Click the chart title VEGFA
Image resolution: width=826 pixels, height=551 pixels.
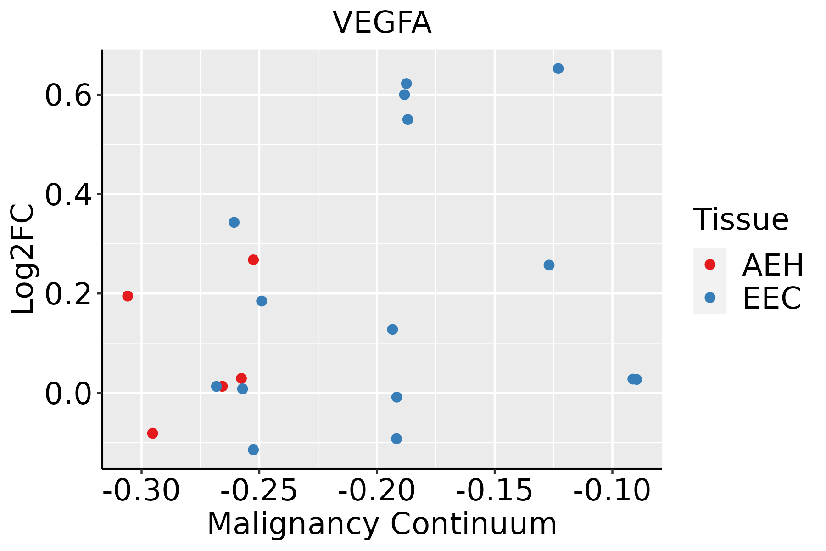(382, 23)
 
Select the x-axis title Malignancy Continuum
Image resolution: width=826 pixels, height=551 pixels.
(382, 524)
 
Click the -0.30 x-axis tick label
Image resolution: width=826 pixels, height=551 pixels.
(141, 490)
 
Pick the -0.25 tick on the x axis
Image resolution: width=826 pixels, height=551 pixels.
(259, 490)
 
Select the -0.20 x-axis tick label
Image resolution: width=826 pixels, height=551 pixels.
(377, 490)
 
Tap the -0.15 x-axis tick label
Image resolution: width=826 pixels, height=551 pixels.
(494, 490)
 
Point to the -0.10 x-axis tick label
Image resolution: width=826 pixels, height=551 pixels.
(612, 490)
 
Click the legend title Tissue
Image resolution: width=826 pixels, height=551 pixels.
(741, 219)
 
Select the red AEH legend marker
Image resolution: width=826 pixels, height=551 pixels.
(710, 264)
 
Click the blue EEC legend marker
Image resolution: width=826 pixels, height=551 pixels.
(710, 298)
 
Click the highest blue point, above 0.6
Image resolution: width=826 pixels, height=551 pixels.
(558, 68)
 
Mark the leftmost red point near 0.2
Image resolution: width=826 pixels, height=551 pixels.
(128, 296)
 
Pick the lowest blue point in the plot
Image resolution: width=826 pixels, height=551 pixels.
(253, 450)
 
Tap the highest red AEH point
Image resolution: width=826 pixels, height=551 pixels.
(253, 260)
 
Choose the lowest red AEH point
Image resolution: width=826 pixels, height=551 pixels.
(153, 433)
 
